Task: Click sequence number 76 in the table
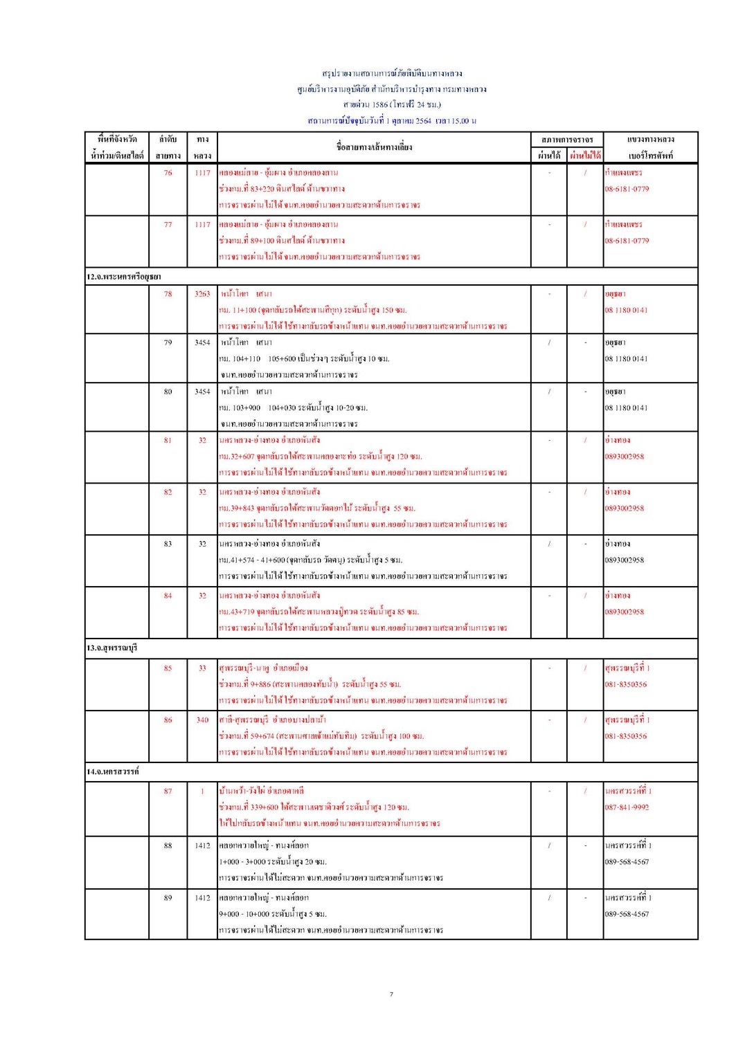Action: pyautogui.click(x=168, y=173)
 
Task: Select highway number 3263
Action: pyautogui.click(x=202, y=294)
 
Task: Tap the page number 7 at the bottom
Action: pyautogui.click(x=391, y=994)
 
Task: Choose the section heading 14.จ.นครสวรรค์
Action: pyautogui.click(x=113, y=771)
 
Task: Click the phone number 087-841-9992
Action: pyautogui.click(x=627, y=807)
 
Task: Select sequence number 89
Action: pyautogui.click(x=168, y=898)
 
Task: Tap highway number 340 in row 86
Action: pyautogui.click(x=202, y=720)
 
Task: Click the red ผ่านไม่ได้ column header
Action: pyautogui.click(x=585, y=156)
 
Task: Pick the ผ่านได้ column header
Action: pyautogui.click(x=549, y=156)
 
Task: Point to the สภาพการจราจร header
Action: pyautogui.click(x=567, y=140)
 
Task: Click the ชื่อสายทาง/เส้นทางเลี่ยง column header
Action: pyautogui.click(x=374, y=147)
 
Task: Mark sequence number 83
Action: pyautogui.click(x=168, y=544)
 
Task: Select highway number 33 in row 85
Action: pyautogui.click(x=202, y=668)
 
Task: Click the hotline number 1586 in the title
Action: pyautogui.click(x=380, y=105)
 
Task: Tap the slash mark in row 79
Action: pyautogui.click(x=549, y=342)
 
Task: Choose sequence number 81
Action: pyautogui.click(x=168, y=440)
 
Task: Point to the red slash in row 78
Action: pyautogui.click(x=585, y=294)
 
